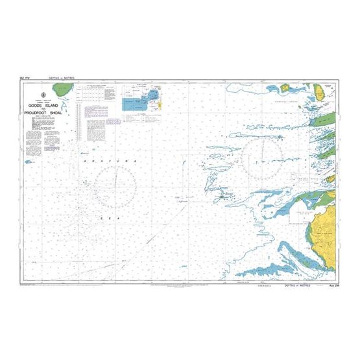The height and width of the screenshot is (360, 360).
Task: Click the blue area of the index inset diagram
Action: point(135,102)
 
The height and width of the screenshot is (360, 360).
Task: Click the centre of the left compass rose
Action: point(115,181)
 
